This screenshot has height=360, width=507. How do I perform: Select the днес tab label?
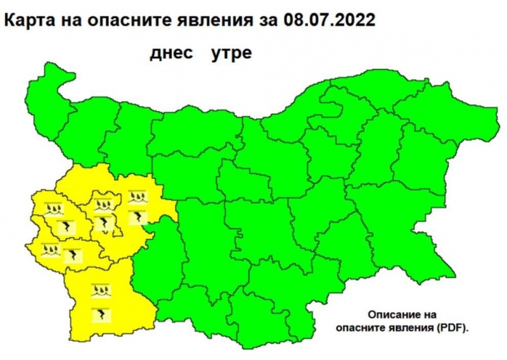click(171, 53)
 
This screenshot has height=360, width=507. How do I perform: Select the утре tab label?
click(231, 53)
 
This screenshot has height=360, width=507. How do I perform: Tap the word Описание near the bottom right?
click(402, 314)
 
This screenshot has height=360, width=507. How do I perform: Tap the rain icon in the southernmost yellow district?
click(101, 292)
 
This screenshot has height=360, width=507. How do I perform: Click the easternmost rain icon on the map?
click(137, 197)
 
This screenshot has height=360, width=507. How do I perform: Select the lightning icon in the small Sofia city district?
click(103, 223)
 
